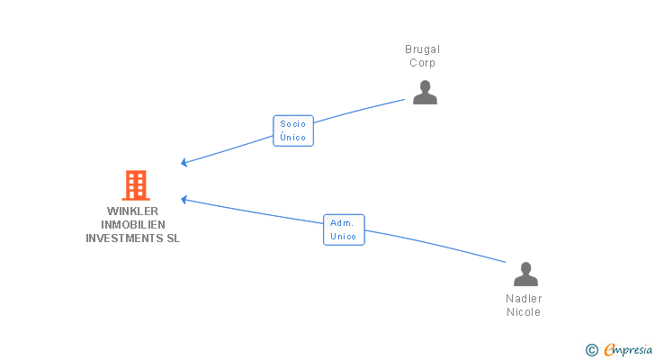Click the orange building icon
click(136, 185)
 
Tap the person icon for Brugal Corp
click(425, 92)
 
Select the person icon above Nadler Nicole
click(525, 274)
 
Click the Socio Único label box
click(293, 130)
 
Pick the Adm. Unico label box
click(344, 229)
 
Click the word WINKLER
click(132, 211)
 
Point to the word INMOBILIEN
click(133, 225)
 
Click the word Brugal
click(423, 49)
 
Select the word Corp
click(423, 63)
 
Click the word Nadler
click(524, 299)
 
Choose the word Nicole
click(524, 312)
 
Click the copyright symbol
click(592, 350)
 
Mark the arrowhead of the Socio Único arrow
click(183, 163)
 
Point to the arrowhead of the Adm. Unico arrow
click(183, 199)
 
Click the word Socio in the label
click(293, 124)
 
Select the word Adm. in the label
click(342, 222)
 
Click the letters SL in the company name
click(173, 238)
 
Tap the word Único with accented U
click(293, 138)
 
